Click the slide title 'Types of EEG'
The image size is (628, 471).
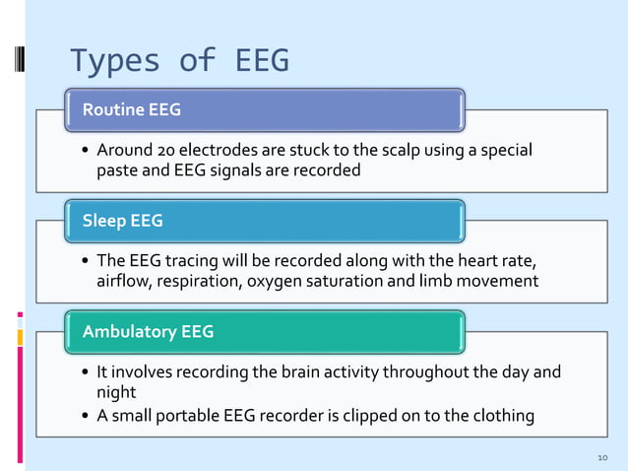click(179, 61)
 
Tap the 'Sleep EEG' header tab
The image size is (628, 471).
click(123, 221)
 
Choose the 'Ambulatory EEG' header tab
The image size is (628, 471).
click(148, 332)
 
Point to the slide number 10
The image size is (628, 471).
click(602, 458)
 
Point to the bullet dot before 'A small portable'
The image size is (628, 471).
click(86, 416)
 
